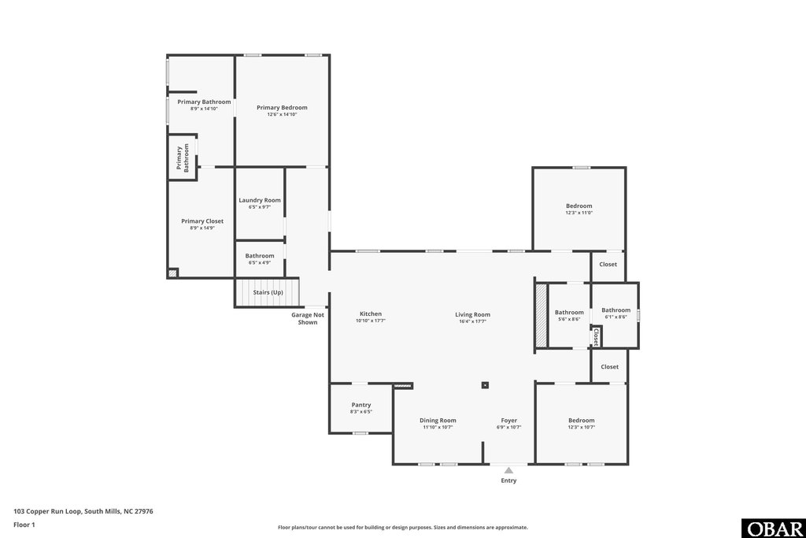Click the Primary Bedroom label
(x=282, y=107)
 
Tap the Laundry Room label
(x=260, y=200)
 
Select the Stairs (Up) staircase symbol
(x=268, y=292)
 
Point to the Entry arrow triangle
(x=509, y=470)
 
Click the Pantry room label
(x=360, y=405)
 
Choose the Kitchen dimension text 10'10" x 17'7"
(x=370, y=321)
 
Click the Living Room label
(x=472, y=314)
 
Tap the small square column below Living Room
(x=486, y=385)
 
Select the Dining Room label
(x=438, y=420)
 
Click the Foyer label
(x=509, y=420)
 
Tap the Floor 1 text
(x=24, y=524)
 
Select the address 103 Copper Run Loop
(x=83, y=511)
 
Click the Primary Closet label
(x=202, y=221)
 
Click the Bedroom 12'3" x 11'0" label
(x=579, y=206)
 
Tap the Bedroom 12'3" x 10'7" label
(x=581, y=420)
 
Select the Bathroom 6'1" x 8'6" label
(x=616, y=310)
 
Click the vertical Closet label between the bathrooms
(x=596, y=337)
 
